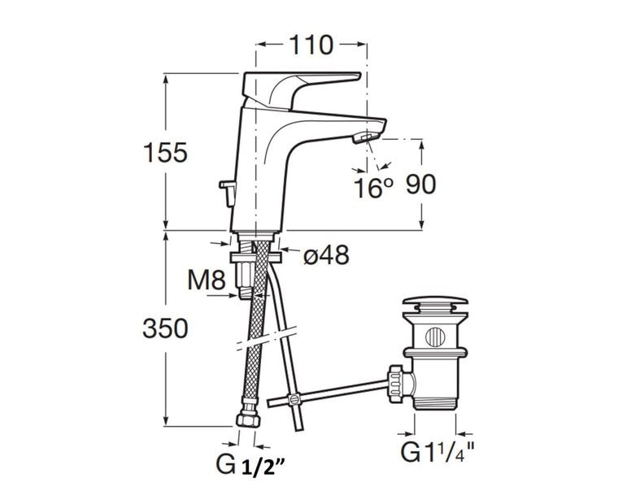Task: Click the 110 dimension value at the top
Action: coord(311,45)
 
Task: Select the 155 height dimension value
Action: coord(165,153)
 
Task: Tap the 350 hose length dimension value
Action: coord(165,328)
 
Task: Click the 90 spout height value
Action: coord(420,185)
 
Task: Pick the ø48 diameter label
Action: coord(326,254)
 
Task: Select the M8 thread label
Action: coord(206,280)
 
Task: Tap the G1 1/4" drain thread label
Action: coord(437,452)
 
